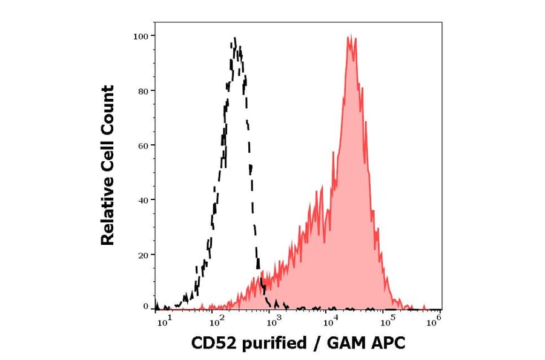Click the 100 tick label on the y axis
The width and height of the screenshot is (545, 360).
pos(140,36)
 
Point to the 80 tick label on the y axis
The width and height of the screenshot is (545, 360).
pos(142,91)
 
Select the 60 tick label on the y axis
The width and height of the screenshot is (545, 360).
pos(142,145)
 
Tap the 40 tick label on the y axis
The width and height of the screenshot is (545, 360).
pos(142,200)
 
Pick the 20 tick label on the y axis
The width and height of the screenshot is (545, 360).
pos(142,255)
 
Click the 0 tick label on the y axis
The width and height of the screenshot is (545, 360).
pos(145,307)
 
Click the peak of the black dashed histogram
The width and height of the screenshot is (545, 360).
pos(235,39)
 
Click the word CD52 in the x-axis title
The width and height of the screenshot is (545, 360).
pos(212,344)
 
